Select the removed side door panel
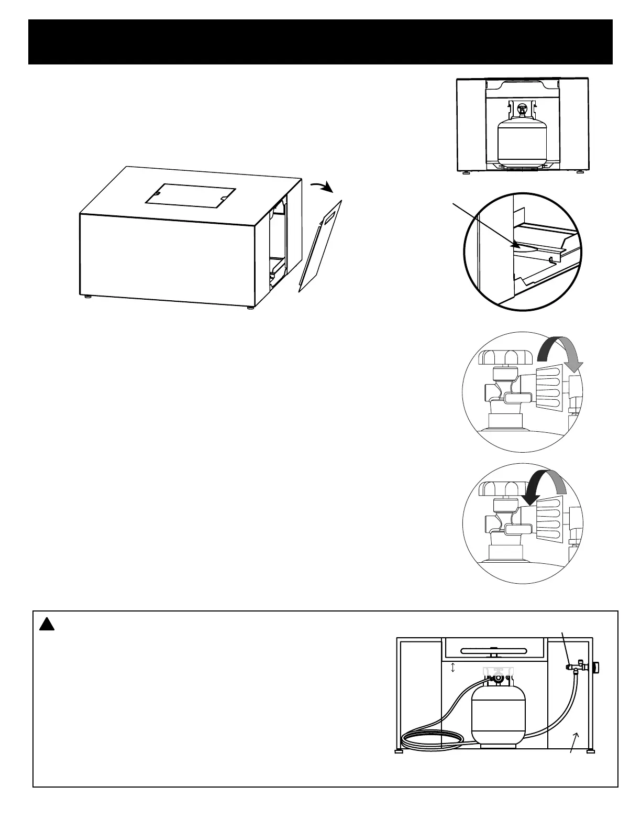point(320,246)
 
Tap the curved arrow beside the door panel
point(321,186)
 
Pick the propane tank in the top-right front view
point(520,137)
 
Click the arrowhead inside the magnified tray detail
point(515,244)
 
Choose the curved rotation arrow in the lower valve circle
point(547,485)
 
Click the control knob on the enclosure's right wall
point(597,668)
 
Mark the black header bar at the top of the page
point(320,42)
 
